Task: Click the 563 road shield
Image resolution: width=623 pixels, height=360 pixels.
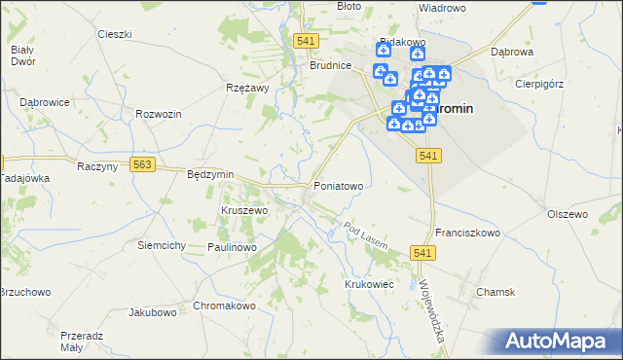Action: [143, 165]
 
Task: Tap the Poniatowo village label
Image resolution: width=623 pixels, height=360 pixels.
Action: [339, 186]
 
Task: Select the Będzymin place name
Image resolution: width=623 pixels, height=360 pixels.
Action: [210, 174]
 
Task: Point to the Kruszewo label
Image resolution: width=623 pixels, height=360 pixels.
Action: [244, 210]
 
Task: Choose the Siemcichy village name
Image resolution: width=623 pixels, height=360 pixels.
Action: [162, 245]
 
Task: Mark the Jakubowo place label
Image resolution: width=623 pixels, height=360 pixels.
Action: [153, 313]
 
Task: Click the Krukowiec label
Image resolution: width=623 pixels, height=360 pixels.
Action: [368, 283]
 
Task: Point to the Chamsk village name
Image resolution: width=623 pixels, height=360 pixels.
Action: [495, 292]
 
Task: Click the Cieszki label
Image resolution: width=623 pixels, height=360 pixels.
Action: [115, 34]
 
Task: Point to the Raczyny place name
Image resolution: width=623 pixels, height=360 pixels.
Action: [96, 166]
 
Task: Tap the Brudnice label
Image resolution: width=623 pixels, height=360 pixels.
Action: [330, 66]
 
